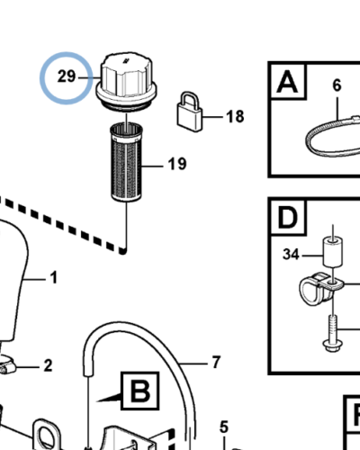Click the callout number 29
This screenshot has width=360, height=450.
click(x=67, y=76)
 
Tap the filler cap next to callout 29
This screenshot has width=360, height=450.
click(x=126, y=82)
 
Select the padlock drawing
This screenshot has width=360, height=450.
click(x=189, y=112)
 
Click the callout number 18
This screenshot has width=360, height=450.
click(x=235, y=116)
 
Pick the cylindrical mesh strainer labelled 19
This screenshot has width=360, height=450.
click(x=126, y=162)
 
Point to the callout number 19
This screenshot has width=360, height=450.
click(x=177, y=164)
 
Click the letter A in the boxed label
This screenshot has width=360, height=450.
click(x=287, y=82)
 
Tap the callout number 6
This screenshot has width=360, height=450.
click(x=337, y=85)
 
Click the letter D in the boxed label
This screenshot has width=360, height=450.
click(x=288, y=218)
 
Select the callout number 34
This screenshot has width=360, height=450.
click(x=291, y=255)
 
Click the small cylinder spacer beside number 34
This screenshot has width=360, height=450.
click(x=333, y=251)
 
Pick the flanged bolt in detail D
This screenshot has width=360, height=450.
click(x=333, y=333)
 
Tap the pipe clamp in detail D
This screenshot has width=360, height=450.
click(x=321, y=288)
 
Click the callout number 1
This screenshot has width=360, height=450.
click(x=54, y=277)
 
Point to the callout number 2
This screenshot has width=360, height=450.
click(x=48, y=365)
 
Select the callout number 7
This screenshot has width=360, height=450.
click(x=216, y=362)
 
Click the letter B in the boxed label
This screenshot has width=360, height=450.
click(x=140, y=391)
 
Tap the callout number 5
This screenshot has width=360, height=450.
click(x=224, y=427)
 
